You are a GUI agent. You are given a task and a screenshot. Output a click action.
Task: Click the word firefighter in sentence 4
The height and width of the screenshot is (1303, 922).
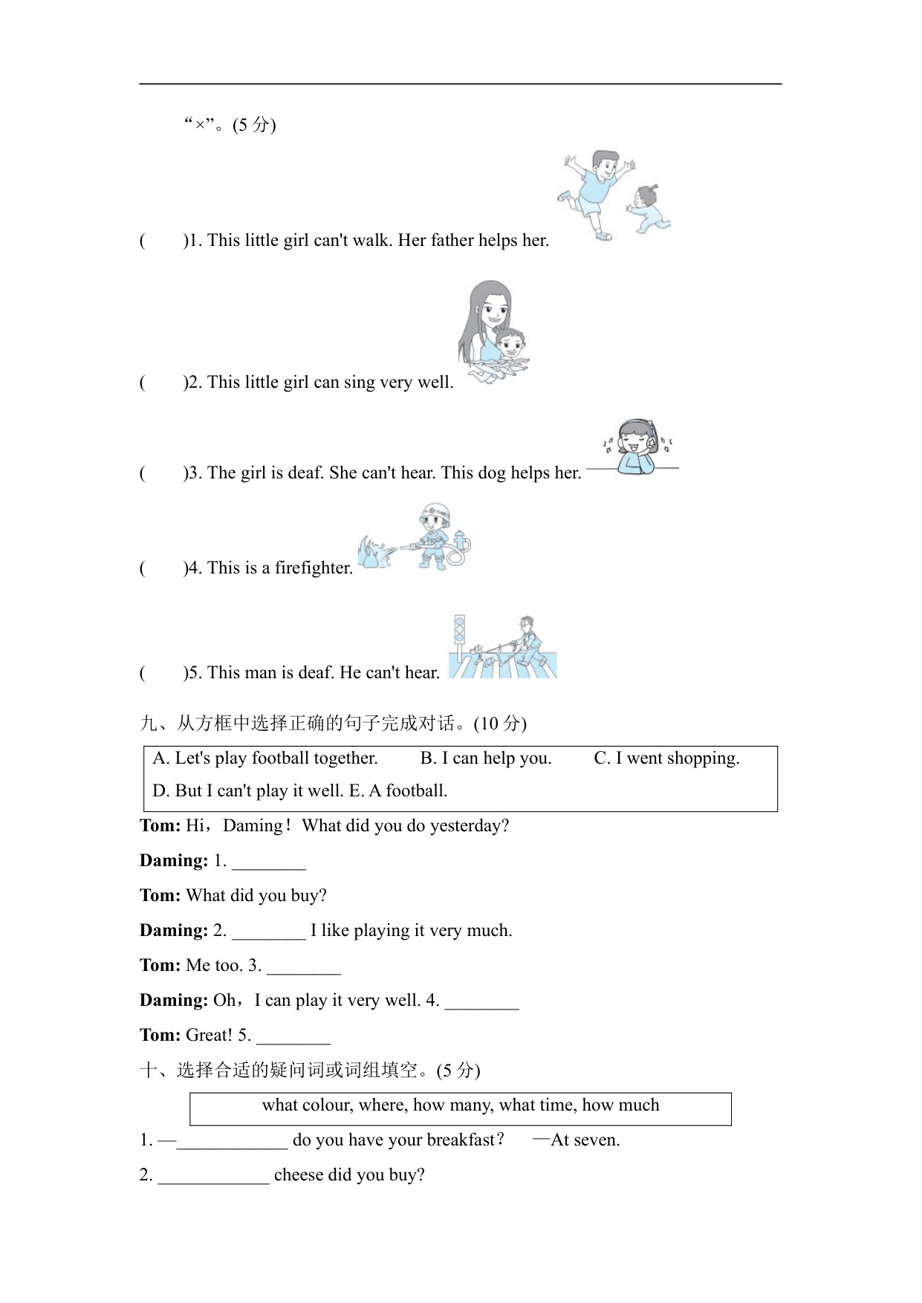(313, 568)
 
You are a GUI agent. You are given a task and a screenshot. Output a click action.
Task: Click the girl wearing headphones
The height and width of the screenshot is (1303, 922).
(637, 446)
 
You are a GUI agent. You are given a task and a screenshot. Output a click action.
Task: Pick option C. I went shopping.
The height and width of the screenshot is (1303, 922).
(666, 758)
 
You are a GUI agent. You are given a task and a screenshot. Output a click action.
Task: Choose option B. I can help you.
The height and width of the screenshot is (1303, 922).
(486, 758)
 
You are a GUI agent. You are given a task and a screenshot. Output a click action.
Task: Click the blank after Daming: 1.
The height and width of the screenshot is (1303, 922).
(269, 862)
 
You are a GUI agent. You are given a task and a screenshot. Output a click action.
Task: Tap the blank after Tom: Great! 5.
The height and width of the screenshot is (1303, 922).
(293, 1036)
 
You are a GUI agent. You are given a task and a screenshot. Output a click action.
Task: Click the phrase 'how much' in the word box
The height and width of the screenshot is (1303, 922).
(620, 1105)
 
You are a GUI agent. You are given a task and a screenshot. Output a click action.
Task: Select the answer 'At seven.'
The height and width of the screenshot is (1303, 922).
(585, 1140)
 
